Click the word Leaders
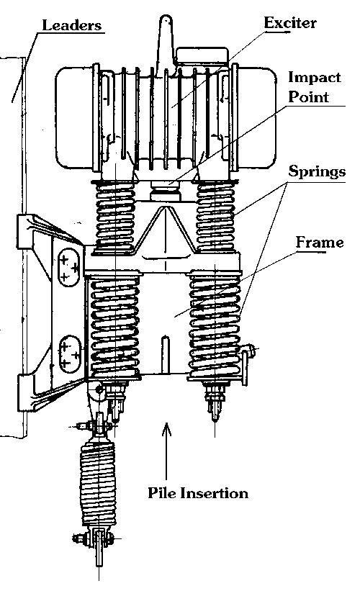pos(71,25)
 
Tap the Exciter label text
pos(290,22)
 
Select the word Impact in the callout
pos(315,77)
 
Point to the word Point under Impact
pos(308,97)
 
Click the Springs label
pos(317,171)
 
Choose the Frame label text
pos(319,243)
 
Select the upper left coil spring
pos(115,217)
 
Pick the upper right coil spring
pos(215,217)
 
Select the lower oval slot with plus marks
pos(70,354)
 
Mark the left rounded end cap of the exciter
pos(74,117)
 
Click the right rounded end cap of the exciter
pos(257,117)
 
